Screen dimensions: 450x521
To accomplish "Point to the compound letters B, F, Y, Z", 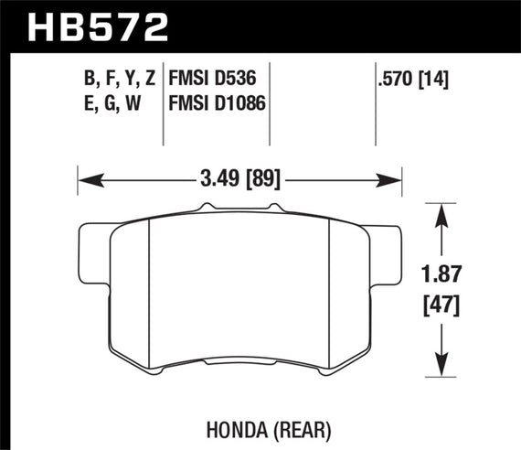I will pos(119,80).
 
